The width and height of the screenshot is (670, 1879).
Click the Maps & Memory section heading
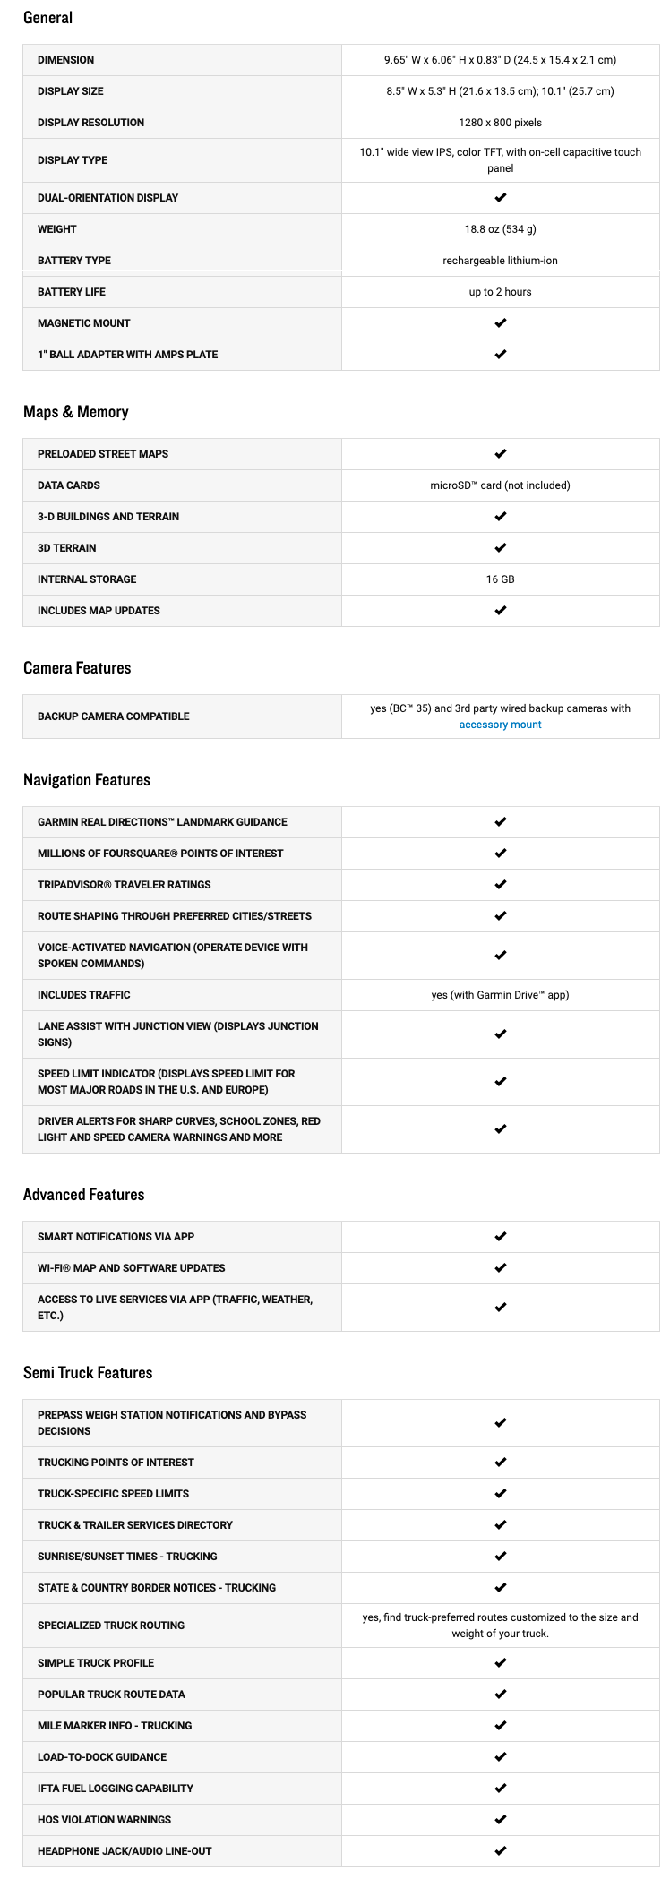click(76, 412)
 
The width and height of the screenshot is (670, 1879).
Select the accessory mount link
click(500, 725)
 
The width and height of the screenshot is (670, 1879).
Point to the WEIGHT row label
click(57, 229)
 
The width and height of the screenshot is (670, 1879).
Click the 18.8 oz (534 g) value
click(500, 229)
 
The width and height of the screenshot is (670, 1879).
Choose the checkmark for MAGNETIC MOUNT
click(500, 323)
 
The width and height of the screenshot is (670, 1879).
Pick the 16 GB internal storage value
click(500, 579)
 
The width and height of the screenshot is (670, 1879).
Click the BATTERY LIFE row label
click(72, 292)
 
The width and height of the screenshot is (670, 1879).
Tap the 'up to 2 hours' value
click(500, 292)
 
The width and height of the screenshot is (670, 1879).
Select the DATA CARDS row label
click(69, 485)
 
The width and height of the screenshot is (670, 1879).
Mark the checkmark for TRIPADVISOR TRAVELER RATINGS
click(500, 885)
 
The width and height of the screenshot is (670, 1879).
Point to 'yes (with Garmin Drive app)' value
click(500, 995)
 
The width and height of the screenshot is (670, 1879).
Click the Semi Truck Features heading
click(88, 1373)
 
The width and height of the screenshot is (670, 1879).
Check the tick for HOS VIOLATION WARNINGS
click(500, 1820)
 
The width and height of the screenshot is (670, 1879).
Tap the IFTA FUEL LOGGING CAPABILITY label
click(116, 1789)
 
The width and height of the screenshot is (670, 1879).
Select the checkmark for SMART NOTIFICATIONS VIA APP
click(500, 1237)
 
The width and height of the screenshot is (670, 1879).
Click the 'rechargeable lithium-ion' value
click(500, 261)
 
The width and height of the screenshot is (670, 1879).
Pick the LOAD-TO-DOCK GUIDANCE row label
click(102, 1757)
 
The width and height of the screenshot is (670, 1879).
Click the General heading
click(48, 18)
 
